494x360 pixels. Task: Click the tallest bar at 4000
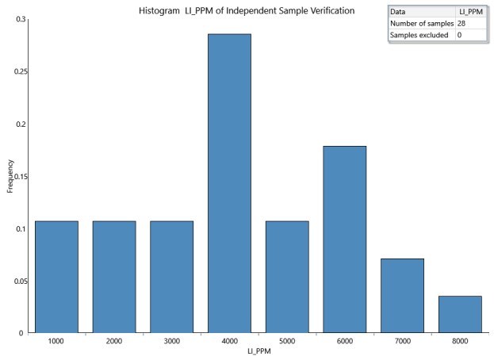coord(229,183)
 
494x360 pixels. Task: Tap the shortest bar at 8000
coord(460,314)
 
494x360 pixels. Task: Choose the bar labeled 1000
coord(56,277)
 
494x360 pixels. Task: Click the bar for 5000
coord(287,277)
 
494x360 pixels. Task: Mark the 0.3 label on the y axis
coord(19,19)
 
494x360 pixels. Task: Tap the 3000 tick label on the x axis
coord(171,341)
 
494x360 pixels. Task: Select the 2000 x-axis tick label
coord(114,341)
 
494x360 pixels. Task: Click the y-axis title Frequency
coord(10,175)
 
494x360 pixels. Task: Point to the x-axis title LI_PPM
coord(258,352)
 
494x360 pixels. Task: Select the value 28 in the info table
coord(461,23)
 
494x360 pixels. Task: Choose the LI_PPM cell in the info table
coord(471,12)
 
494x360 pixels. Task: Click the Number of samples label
coord(421,23)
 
